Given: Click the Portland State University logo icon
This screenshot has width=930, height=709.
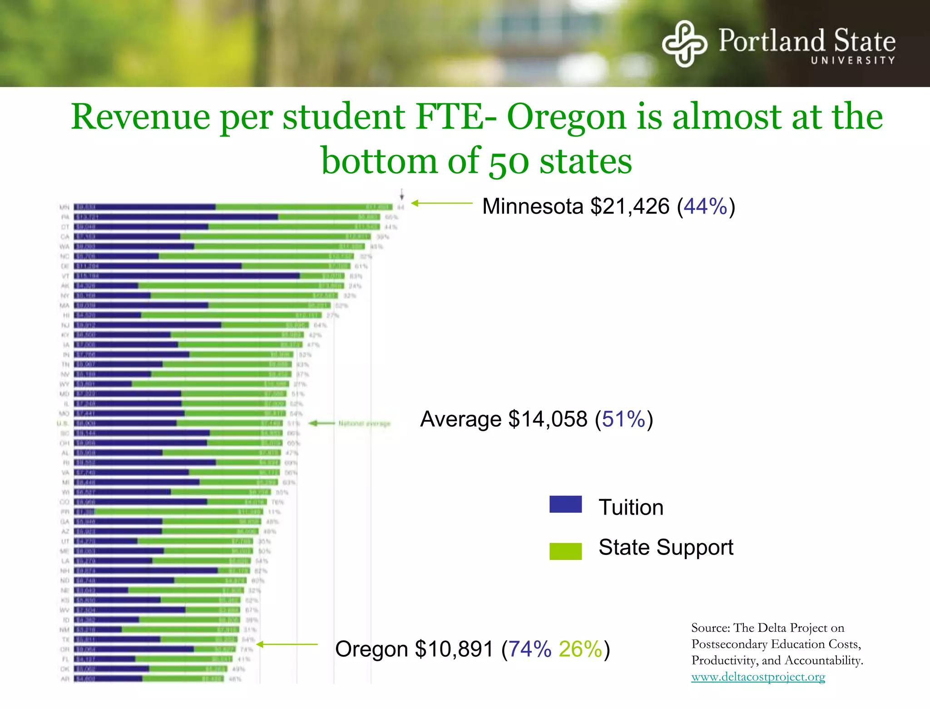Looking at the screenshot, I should (x=684, y=44).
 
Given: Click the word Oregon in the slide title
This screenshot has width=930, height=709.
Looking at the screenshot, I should (x=567, y=117).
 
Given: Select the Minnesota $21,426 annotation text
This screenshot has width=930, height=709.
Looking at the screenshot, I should (x=575, y=206).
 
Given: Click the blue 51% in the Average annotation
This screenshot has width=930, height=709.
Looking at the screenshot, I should (x=623, y=419).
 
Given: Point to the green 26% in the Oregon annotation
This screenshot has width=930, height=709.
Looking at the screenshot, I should (x=580, y=649).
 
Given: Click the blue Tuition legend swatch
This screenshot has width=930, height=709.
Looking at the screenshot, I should (x=565, y=504).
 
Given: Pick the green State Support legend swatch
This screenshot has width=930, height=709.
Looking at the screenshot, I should (x=565, y=551).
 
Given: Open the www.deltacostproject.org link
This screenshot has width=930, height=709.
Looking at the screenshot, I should (x=758, y=677).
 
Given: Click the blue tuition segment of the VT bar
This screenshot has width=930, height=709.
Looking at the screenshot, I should (x=186, y=276).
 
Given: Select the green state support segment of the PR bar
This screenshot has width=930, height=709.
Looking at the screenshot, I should (x=177, y=512).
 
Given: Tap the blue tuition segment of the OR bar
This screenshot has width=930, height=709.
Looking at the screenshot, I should (x=134, y=649).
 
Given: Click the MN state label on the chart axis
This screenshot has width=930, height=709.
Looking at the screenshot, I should (x=64, y=207).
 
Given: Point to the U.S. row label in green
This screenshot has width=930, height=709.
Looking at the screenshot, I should (x=63, y=423).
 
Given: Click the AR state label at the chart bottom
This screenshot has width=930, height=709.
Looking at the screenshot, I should (x=65, y=679).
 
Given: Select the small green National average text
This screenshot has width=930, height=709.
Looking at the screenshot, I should (x=364, y=424).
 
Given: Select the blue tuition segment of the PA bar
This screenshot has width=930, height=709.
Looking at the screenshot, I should (x=176, y=217).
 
